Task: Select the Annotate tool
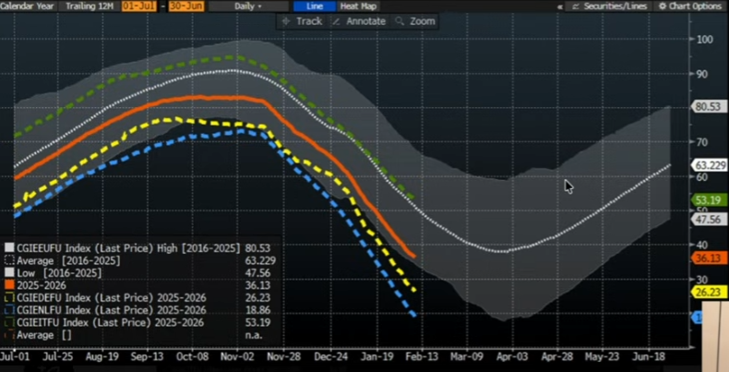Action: [x=359, y=21]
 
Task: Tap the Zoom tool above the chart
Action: [x=416, y=21]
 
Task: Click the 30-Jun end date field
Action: [x=179, y=6]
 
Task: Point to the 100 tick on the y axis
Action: [x=706, y=40]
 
